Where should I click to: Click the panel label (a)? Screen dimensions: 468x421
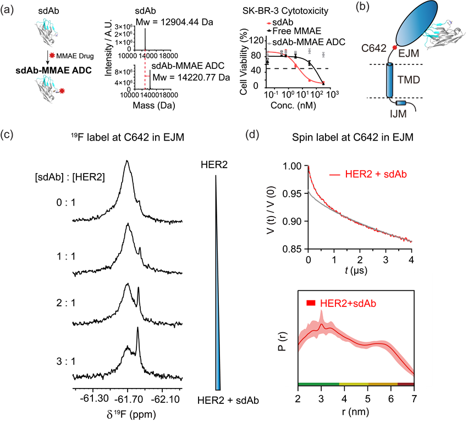(7, 11)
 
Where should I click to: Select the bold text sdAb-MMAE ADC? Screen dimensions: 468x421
(53, 71)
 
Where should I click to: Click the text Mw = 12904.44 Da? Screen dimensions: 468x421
(174, 22)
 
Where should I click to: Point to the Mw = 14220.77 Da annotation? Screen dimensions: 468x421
(191, 78)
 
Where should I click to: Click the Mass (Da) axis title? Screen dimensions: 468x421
(154, 105)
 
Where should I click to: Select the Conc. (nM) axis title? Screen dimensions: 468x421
(293, 105)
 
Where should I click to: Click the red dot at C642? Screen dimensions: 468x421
(394, 47)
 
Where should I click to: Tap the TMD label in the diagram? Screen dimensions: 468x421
(409, 80)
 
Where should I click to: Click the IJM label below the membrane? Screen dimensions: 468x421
(399, 114)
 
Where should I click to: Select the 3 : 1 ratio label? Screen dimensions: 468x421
(66, 361)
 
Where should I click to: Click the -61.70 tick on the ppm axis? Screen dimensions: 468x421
(128, 400)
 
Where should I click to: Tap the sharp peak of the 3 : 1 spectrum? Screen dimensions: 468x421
(137, 328)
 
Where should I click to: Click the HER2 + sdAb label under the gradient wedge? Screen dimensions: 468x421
(228, 401)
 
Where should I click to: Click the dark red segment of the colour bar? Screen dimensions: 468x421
(406, 384)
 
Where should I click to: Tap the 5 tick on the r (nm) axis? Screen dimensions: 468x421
(368, 399)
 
